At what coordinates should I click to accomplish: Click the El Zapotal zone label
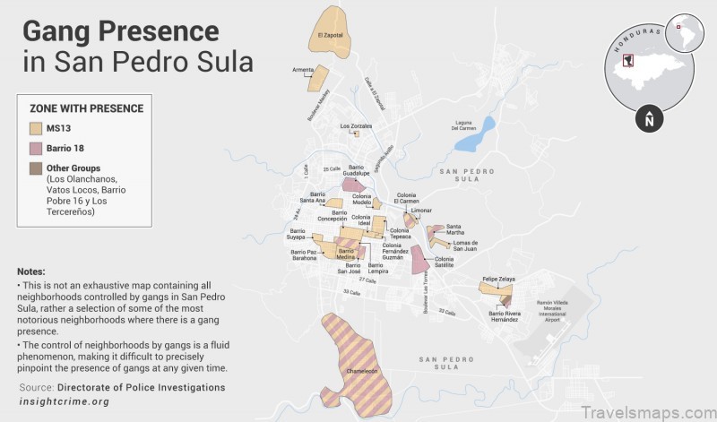331,36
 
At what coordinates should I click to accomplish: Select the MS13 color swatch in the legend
37,128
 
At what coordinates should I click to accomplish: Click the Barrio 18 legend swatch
37,148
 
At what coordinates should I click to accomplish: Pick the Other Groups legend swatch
37,168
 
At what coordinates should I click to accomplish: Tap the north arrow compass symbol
649,118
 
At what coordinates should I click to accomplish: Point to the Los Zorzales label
355,126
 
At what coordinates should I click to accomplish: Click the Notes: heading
30,271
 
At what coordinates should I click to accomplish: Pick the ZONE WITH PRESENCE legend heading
86,108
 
